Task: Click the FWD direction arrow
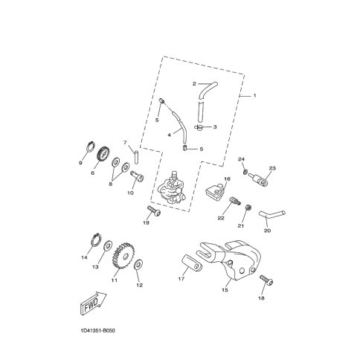pyautogui.click(x=94, y=303)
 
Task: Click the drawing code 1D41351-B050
pyautogui.click(x=97, y=330)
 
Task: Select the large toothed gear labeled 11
pyautogui.click(x=123, y=257)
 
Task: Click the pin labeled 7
pyautogui.click(x=136, y=157)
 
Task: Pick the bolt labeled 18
pyautogui.click(x=266, y=280)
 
